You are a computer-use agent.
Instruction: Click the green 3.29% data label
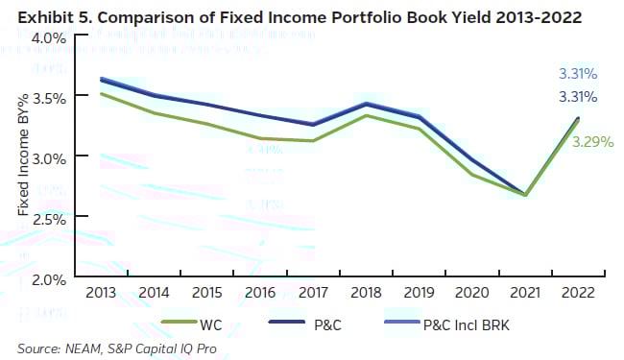point(592,141)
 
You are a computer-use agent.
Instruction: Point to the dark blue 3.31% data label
point(579,96)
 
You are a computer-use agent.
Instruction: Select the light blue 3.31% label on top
point(579,73)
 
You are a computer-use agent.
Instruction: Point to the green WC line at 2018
point(366,115)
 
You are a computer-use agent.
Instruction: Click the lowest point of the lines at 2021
point(525,195)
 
